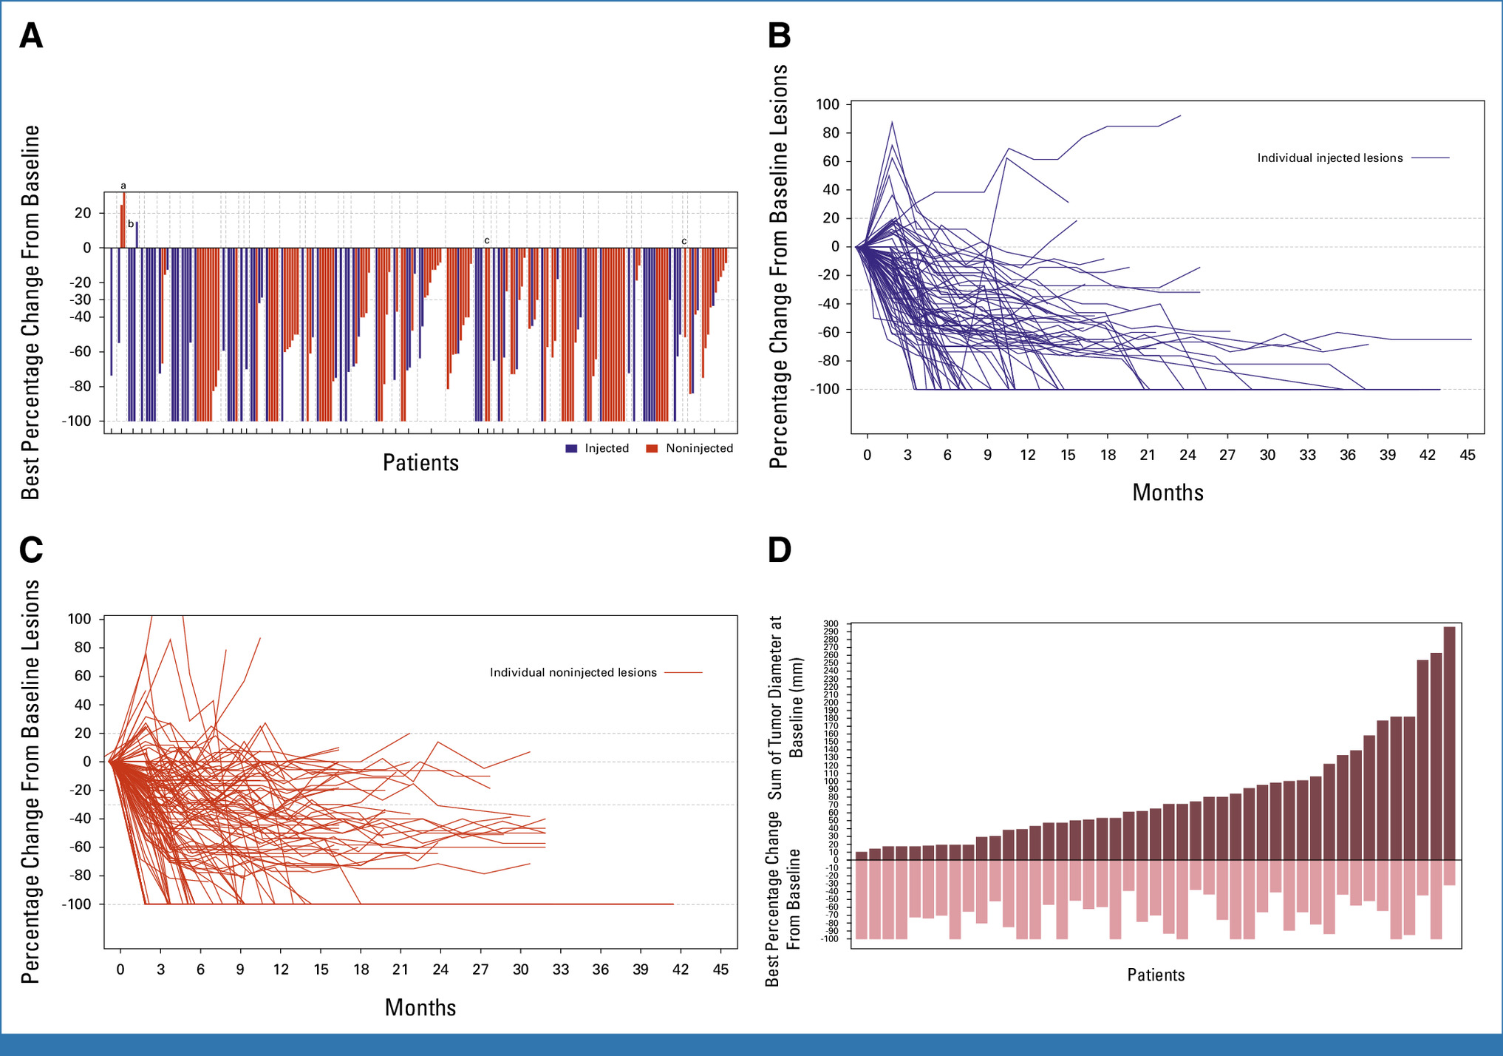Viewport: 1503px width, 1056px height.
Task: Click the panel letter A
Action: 31,35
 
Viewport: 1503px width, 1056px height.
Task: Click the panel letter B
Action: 780,35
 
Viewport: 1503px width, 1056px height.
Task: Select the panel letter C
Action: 31,550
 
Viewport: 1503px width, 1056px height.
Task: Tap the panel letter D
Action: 780,550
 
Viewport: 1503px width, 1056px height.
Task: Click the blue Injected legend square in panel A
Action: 571,449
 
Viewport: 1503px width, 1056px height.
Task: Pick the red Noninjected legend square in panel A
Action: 652,449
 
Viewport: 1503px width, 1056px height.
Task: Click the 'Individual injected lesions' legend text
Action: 1329,158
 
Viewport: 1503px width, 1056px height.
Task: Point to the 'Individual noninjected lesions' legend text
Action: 573,673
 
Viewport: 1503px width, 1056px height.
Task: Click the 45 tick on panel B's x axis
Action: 1468,456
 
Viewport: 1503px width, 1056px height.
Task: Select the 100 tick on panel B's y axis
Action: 828,105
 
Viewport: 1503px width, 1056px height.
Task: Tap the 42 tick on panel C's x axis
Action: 681,969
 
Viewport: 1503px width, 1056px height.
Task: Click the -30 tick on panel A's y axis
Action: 82,299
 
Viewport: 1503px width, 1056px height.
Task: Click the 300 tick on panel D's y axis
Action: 831,624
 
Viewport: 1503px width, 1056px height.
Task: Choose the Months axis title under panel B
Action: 1168,493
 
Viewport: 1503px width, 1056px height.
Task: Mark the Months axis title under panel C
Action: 420,1007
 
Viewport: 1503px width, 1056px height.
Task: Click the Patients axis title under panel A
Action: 420,463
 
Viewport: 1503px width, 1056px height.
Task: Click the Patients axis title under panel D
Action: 1156,975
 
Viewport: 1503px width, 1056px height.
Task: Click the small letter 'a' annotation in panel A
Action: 123,186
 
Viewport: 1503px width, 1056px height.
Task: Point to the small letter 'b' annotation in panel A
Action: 131,224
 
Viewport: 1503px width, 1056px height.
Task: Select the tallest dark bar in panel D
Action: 1449,743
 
